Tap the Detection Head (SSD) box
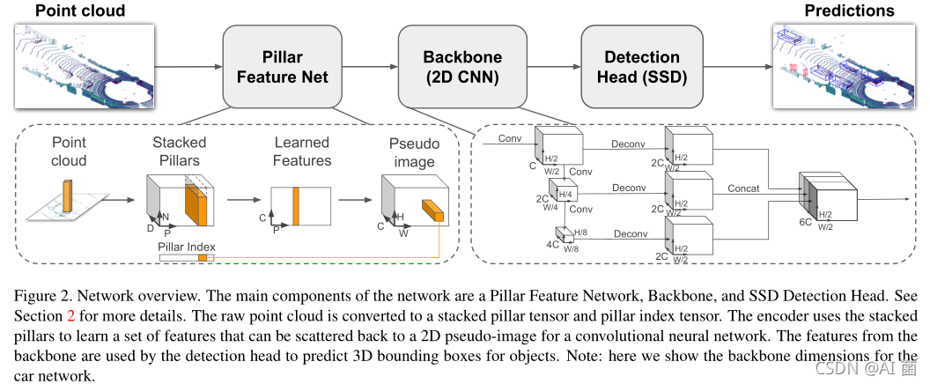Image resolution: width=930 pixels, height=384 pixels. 641,67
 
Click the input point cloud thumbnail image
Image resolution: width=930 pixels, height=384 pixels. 85,63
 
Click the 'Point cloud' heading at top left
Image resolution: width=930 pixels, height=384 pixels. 68,11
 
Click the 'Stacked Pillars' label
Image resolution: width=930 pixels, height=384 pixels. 180,151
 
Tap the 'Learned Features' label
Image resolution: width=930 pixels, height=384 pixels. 302,151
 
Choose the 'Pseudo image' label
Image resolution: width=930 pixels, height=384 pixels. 413,151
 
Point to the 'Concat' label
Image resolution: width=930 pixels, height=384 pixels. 743,188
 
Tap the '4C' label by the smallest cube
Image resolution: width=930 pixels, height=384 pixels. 551,244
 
